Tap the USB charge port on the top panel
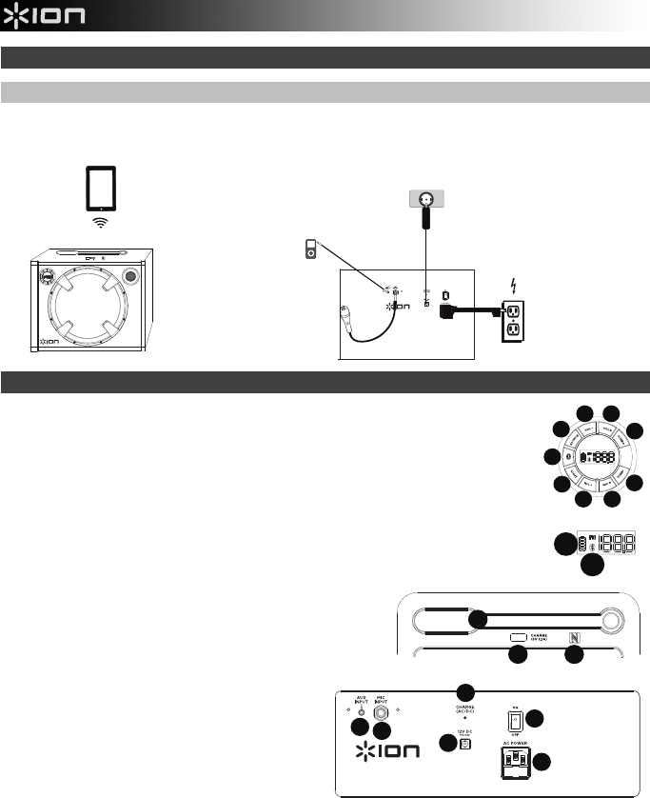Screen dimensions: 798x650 pyautogui.click(x=520, y=637)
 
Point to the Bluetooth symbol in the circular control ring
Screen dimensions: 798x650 pyautogui.click(x=567, y=457)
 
